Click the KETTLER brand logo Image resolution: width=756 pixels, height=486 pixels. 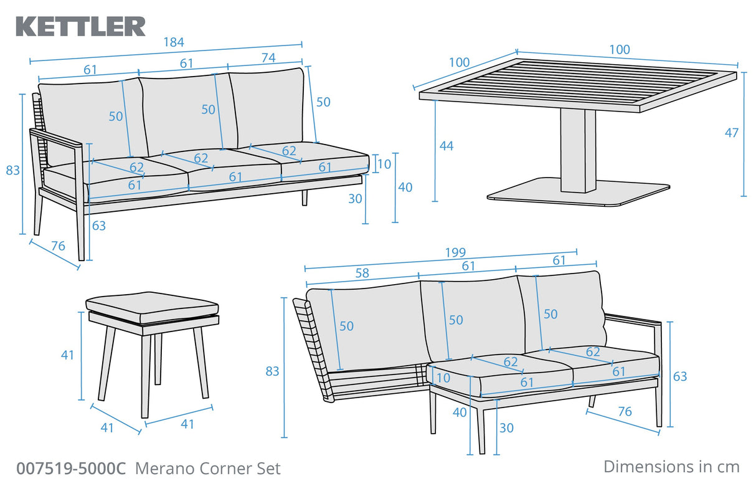[80, 26]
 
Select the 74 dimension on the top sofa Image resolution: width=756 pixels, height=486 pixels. [268, 58]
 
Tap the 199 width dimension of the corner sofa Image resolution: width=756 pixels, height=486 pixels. [455, 252]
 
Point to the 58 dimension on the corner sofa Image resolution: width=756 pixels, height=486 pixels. [362, 273]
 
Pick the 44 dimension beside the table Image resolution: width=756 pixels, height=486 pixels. [446, 146]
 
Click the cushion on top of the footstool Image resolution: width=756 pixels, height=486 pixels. [152, 306]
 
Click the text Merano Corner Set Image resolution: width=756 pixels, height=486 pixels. [208, 469]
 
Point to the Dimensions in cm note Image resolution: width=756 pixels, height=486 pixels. [671, 466]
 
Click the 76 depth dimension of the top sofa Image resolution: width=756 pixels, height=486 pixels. [57, 246]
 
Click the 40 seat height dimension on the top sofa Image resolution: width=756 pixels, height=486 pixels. [405, 187]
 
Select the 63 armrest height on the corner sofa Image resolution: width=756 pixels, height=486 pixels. [679, 376]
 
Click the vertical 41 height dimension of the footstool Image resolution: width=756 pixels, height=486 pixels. [67, 355]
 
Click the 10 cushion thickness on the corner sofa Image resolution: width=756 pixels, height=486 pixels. [443, 378]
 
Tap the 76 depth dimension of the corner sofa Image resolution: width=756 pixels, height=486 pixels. [625, 411]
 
